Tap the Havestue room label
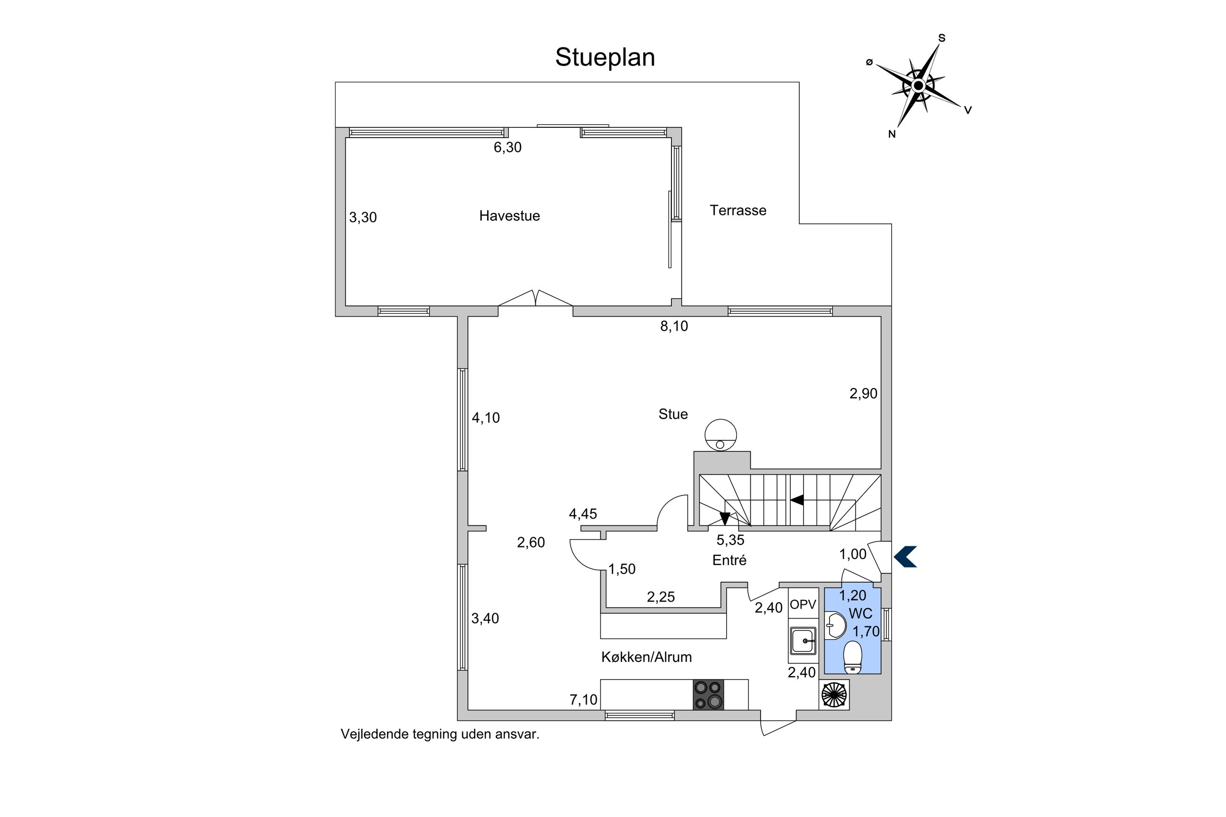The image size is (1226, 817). pos(509,216)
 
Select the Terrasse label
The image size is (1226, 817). pos(738,211)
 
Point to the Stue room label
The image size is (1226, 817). pos(673,414)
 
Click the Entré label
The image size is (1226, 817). pos(729,560)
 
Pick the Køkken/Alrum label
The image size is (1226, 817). pos(646,657)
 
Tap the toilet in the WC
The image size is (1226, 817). pos(853,657)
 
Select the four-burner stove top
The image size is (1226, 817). pos(708,694)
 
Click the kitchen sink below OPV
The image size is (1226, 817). pos(803,640)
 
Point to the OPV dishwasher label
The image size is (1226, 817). pos(803,604)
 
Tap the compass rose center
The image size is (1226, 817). pos(918,85)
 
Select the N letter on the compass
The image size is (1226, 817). pos(892,134)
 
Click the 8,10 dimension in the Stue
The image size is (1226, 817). pos(674,326)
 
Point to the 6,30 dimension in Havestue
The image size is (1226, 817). pos(507,148)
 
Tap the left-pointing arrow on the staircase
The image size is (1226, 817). pos(797,500)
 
